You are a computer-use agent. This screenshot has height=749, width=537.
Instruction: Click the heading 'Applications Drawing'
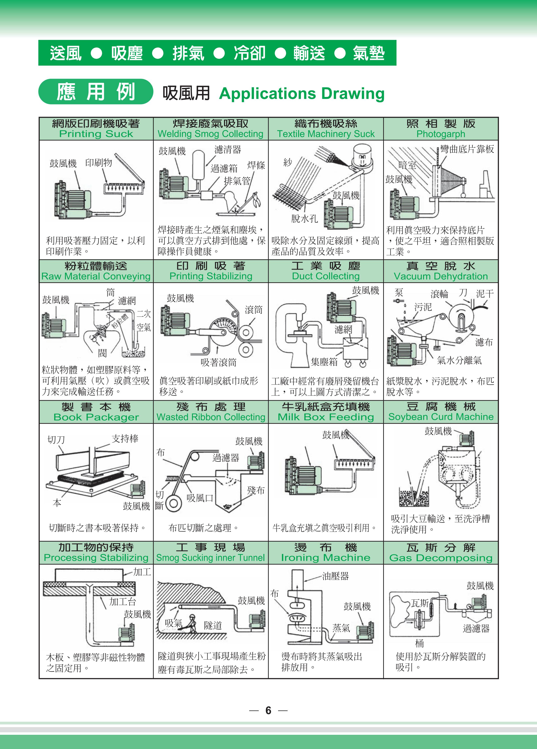point(302,94)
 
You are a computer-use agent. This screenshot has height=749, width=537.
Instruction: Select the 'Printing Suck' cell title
point(96,134)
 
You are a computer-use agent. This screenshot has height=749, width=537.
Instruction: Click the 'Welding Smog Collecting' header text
point(210,134)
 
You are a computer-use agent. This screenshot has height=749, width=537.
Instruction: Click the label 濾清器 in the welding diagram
point(228,150)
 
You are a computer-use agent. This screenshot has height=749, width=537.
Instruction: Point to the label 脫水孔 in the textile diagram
point(304,218)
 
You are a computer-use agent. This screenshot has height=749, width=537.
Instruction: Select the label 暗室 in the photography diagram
point(407,165)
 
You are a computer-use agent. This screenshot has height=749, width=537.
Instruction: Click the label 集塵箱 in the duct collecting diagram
point(324,362)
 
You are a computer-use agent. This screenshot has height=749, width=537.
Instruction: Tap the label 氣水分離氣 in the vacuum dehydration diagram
point(459,360)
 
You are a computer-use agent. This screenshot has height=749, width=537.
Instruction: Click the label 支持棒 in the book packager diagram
point(125,439)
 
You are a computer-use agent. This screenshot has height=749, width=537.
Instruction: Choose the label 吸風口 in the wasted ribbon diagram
point(200,498)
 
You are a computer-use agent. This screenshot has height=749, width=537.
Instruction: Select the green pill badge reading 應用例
point(96,92)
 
